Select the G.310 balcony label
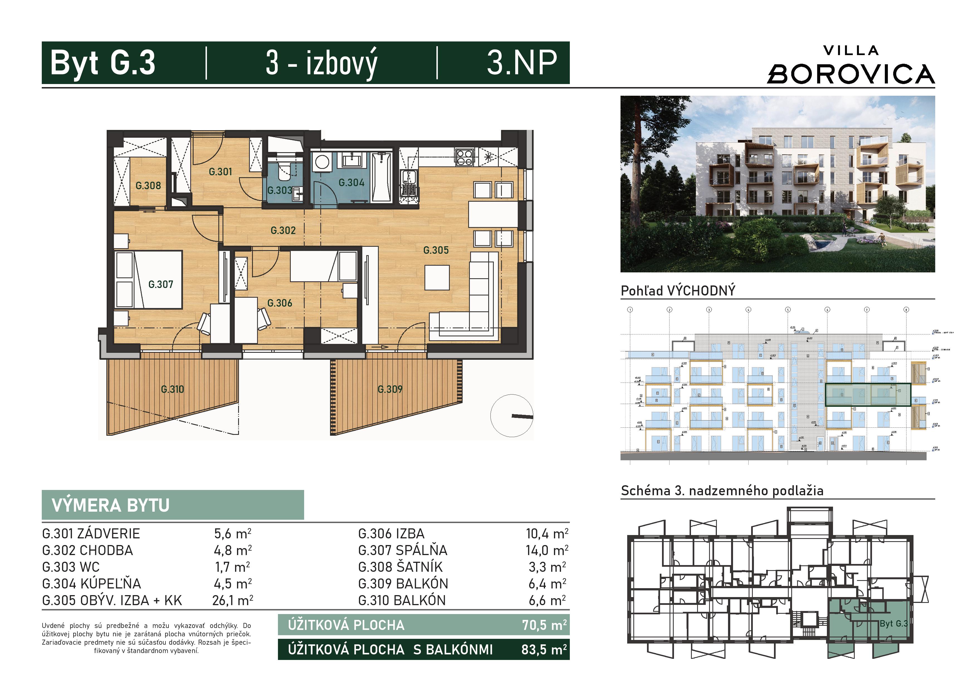[172, 389]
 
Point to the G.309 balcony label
[390, 389]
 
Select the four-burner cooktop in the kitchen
[464, 157]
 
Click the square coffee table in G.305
[437, 278]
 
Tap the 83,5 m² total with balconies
[544, 650]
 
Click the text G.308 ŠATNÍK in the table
[400, 567]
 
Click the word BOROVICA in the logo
[851, 74]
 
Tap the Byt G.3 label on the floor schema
[894, 624]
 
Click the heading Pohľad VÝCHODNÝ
[678, 291]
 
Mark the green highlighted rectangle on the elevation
[868, 395]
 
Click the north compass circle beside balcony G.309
[512, 415]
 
